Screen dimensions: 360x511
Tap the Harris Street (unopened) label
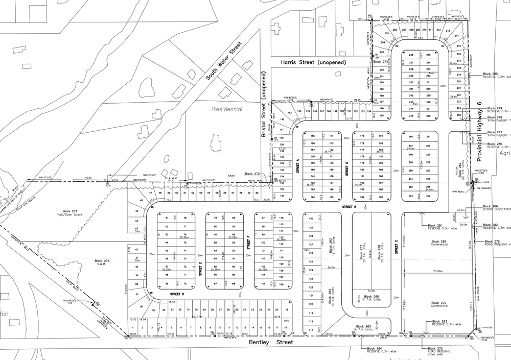coord(313,62)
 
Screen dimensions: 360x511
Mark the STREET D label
coord(176,295)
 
